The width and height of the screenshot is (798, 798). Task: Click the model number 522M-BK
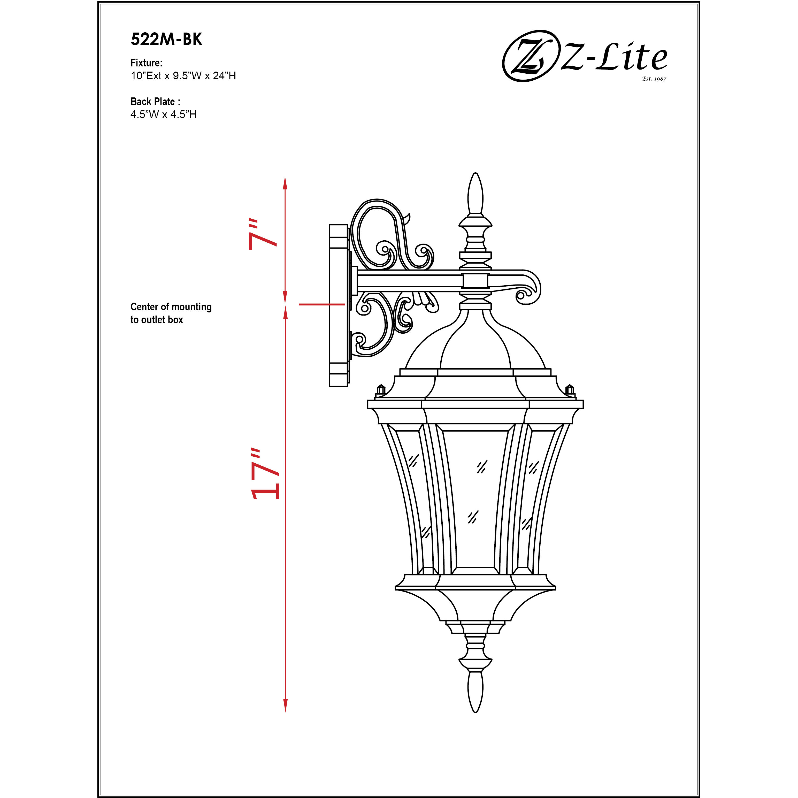click(166, 39)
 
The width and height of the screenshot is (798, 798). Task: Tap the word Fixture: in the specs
click(146, 63)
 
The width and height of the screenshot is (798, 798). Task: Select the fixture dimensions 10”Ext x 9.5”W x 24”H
click(183, 75)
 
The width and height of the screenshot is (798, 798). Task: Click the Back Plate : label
click(155, 102)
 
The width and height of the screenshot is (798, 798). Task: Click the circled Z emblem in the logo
click(529, 56)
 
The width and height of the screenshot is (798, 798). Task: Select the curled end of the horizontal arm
click(527, 291)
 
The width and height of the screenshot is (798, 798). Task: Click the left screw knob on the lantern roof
click(381, 389)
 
